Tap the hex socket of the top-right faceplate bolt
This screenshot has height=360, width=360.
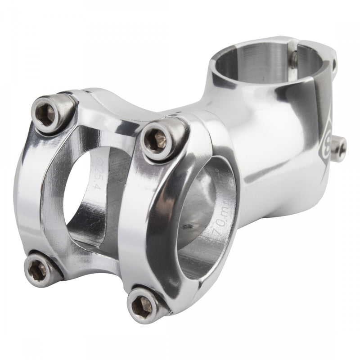tap(158, 140)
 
